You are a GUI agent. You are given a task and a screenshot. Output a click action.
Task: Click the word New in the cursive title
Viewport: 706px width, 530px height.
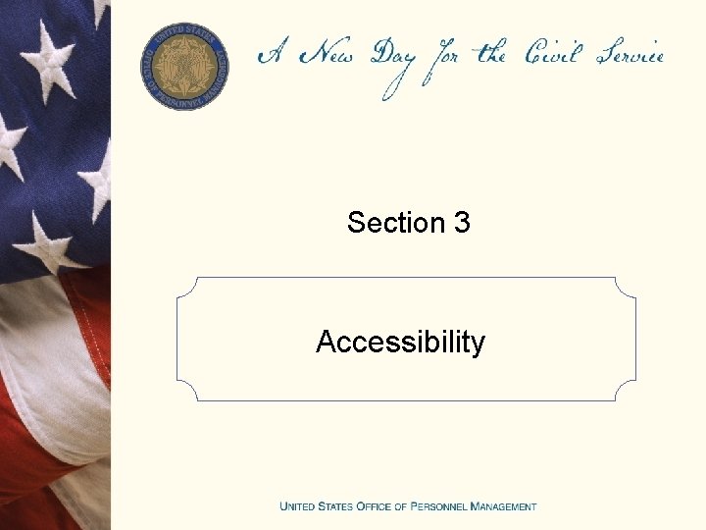tap(328, 54)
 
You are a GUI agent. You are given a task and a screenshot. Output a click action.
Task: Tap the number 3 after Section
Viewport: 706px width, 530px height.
tap(462, 223)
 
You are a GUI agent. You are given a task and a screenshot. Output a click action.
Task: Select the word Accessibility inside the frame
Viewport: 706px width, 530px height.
tap(400, 342)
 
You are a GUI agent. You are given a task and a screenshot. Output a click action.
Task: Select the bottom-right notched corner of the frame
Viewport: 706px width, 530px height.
tap(625, 390)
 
